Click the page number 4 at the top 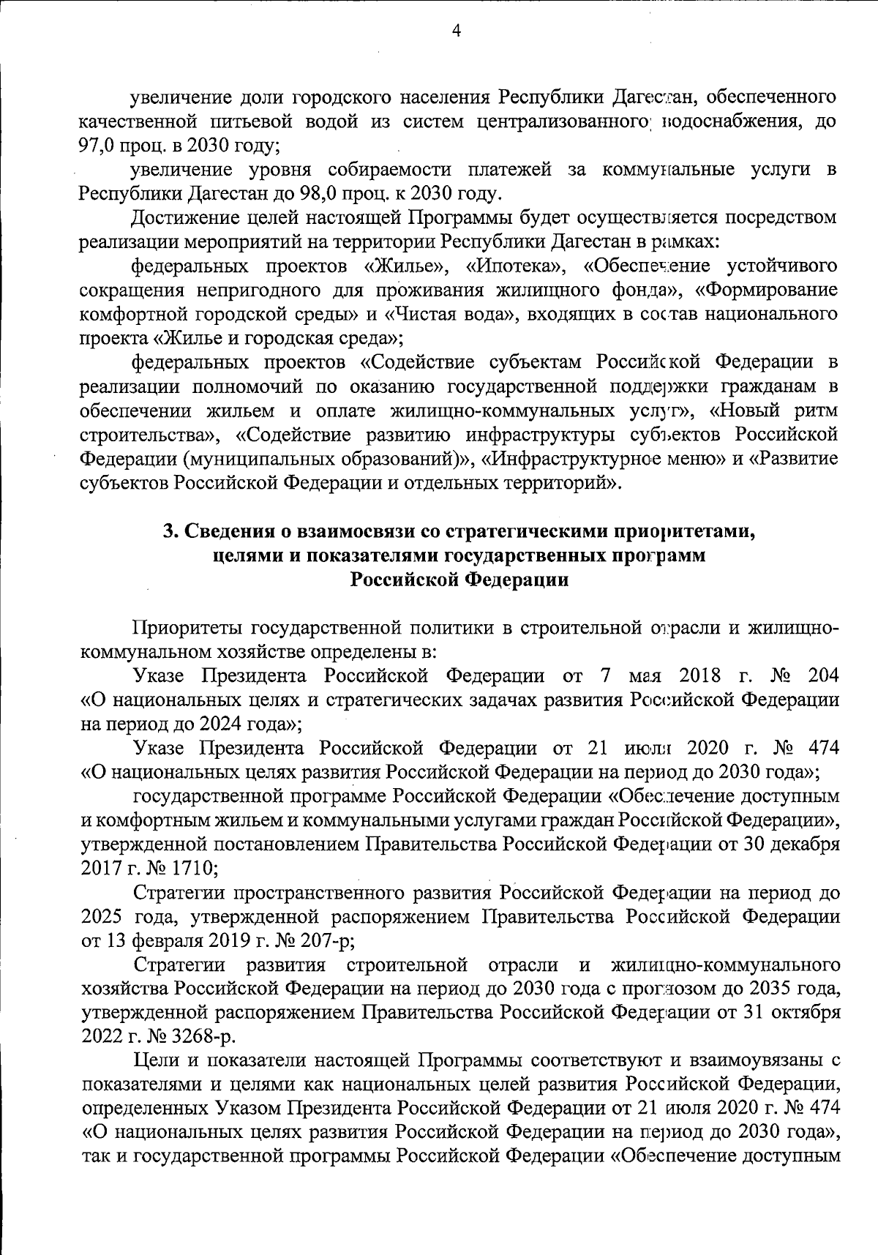[457, 30]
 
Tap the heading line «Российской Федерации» [459, 580]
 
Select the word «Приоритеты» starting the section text [187, 628]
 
